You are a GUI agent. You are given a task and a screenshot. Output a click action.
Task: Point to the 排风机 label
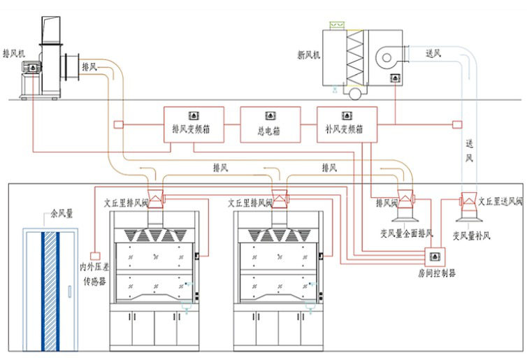[x=13, y=53]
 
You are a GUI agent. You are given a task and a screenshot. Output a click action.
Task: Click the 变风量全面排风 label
[x=406, y=232]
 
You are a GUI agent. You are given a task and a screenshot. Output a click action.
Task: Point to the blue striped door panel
[x=50, y=290]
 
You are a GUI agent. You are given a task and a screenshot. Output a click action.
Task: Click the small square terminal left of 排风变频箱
[x=118, y=126]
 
